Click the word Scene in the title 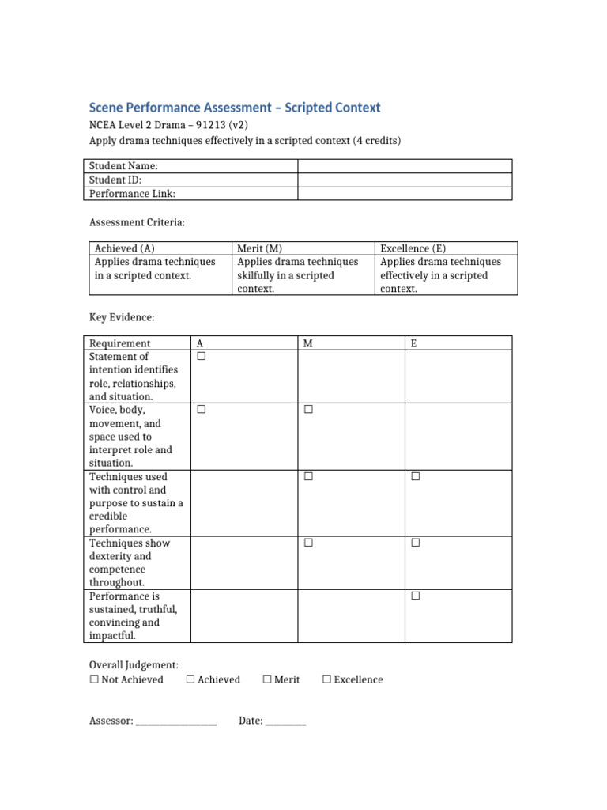click(x=106, y=108)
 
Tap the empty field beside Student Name click(x=404, y=166)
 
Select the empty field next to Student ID click(x=404, y=180)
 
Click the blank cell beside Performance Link click(x=404, y=193)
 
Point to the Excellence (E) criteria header click(x=413, y=248)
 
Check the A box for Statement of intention click(x=202, y=357)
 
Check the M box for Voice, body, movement click(x=308, y=410)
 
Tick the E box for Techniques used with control click(x=416, y=476)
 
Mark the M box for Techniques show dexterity click(x=308, y=543)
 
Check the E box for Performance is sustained click(x=416, y=596)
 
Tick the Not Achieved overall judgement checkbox click(x=94, y=679)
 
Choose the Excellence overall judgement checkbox click(x=327, y=679)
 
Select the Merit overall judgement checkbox click(x=267, y=679)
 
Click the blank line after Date click(x=285, y=722)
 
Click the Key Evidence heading click(x=122, y=317)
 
